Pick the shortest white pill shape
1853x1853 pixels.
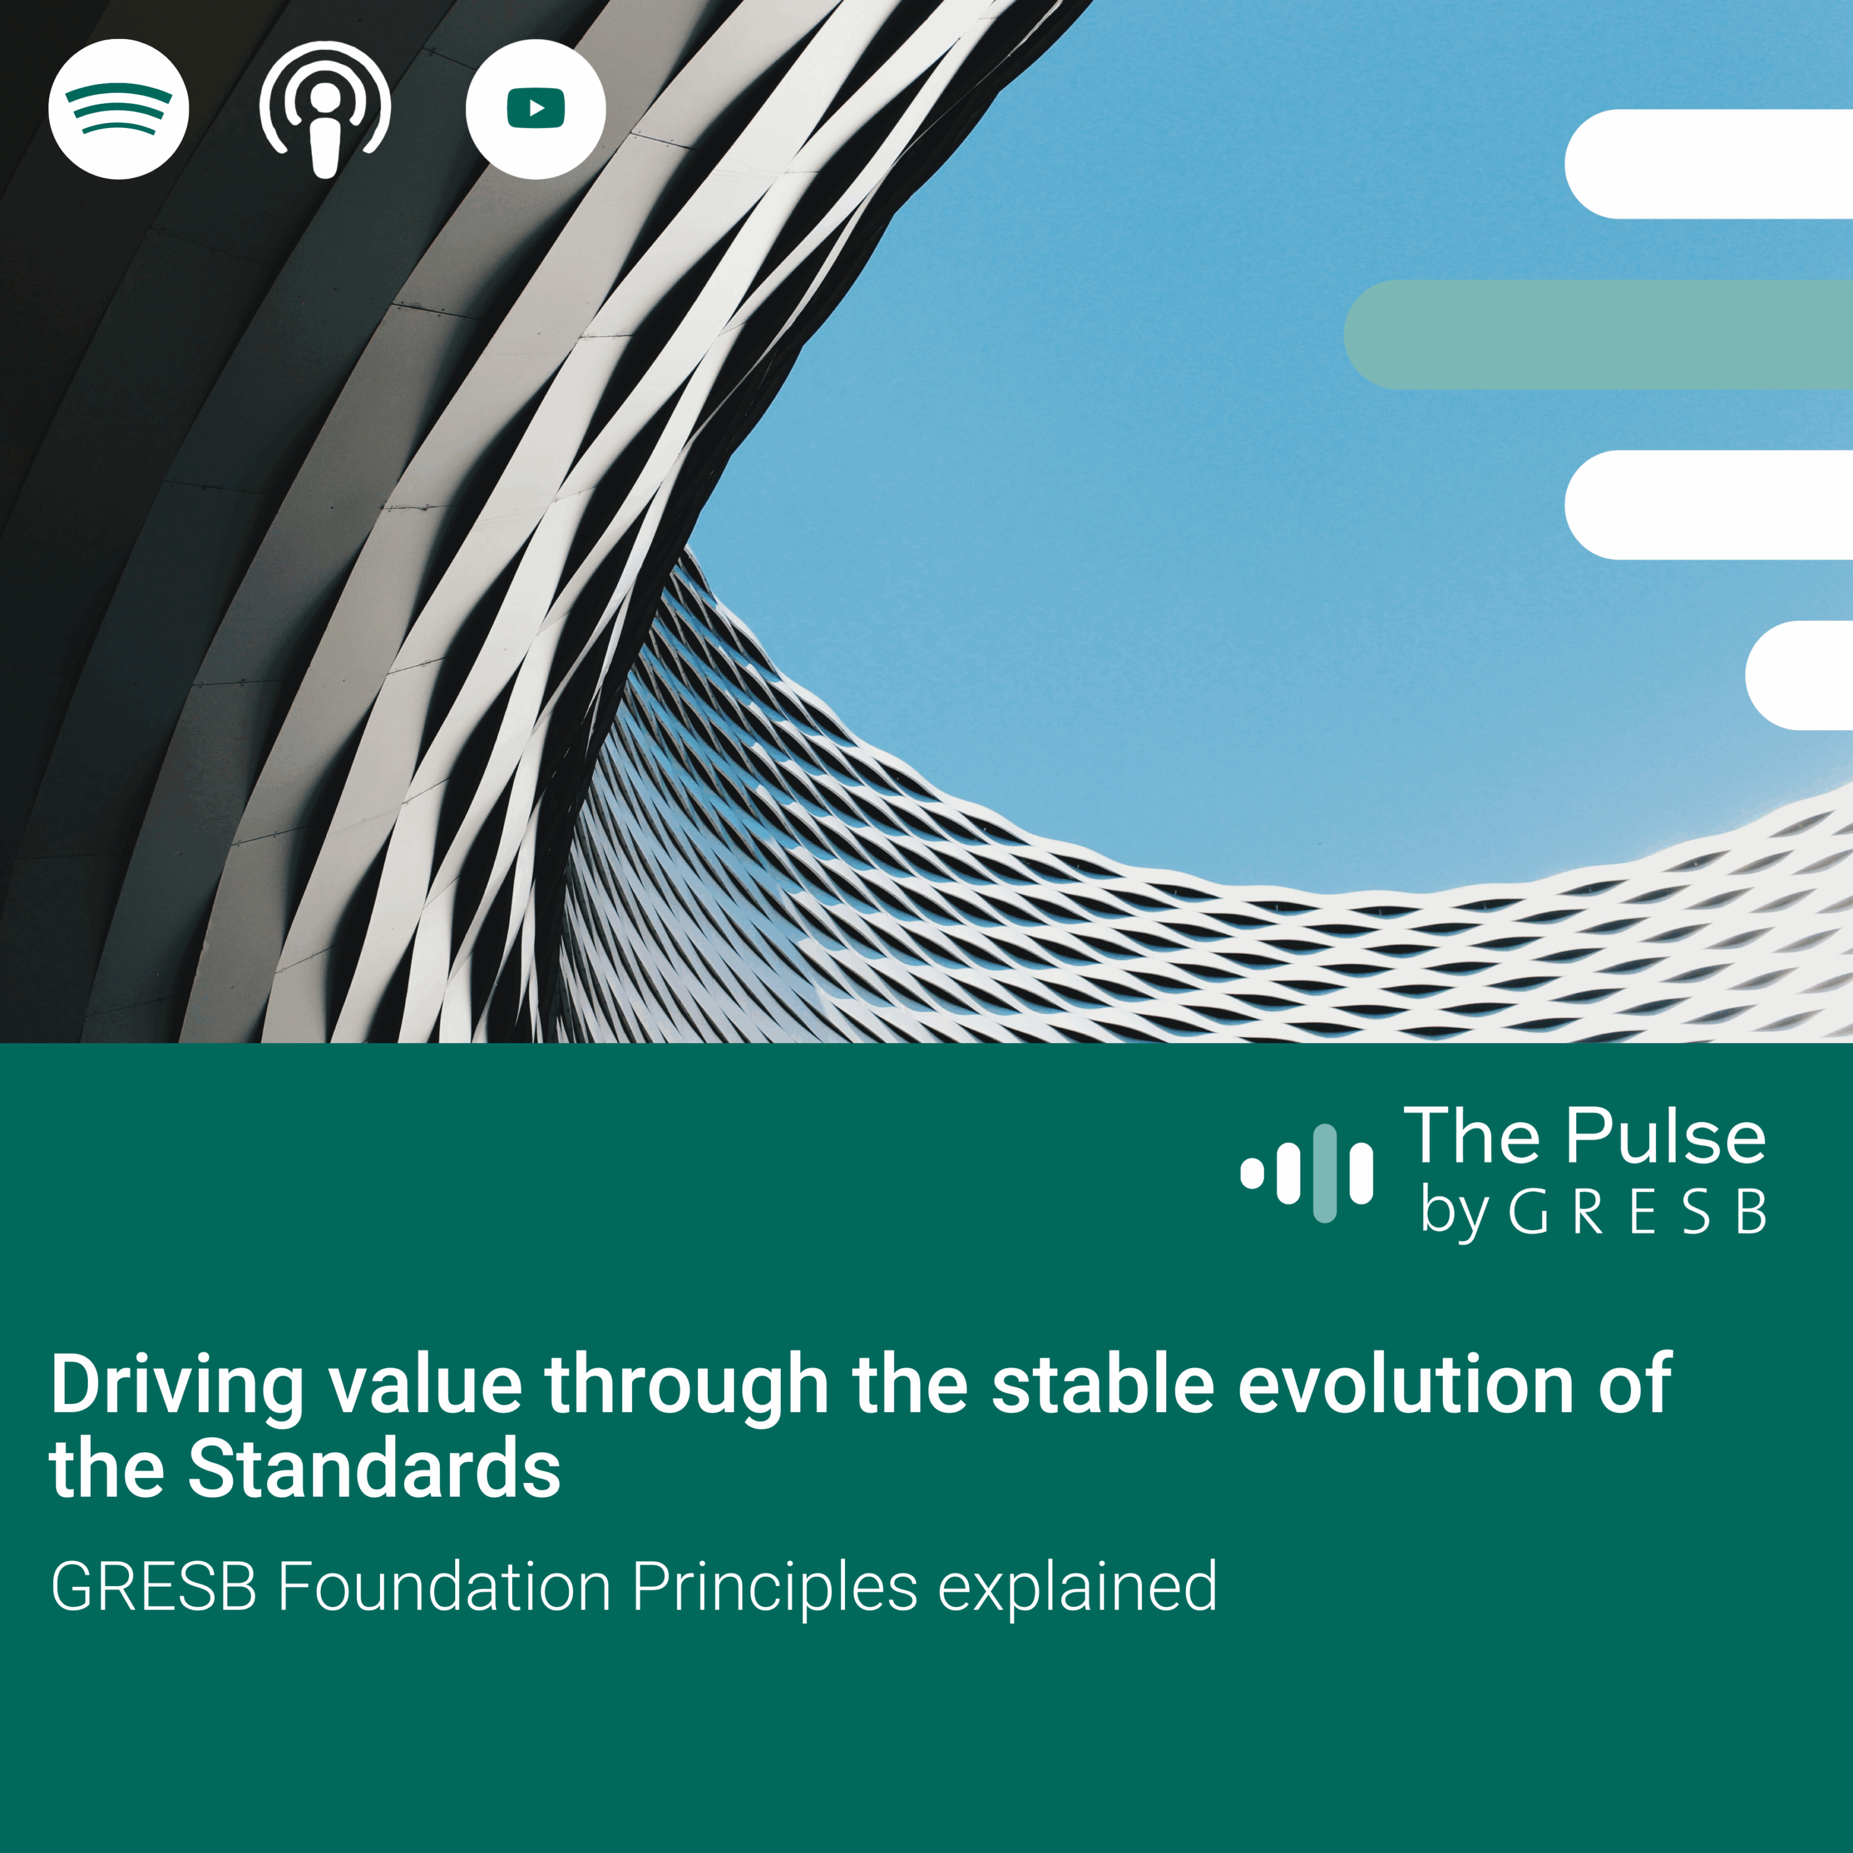pyautogui.click(x=1798, y=675)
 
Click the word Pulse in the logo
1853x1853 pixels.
pyautogui.click(x=1666, y=1137)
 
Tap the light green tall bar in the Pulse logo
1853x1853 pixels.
pyautogui.click(x=1324, y=1173)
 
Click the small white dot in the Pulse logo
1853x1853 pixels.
pyautogui.click(x=1251, y=1173)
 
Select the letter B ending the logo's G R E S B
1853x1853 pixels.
pyautogui.click(x=1751, y=1212)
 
